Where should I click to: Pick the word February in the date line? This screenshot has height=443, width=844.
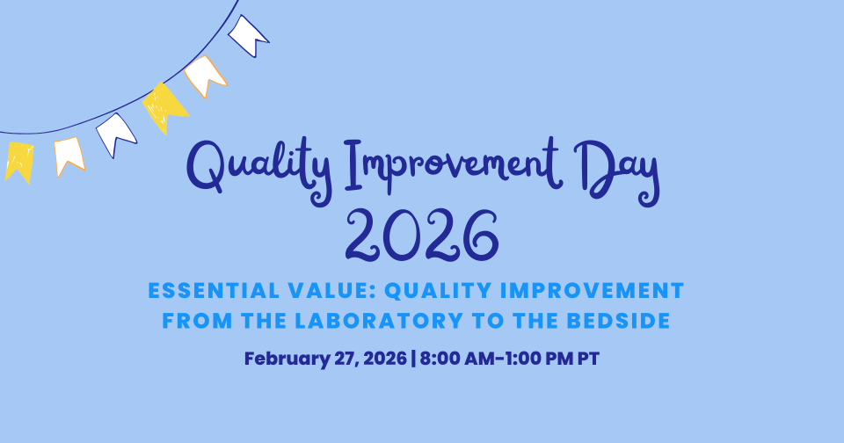280,359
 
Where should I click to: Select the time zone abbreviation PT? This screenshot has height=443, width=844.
588,359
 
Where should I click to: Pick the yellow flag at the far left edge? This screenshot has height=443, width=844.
18,161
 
